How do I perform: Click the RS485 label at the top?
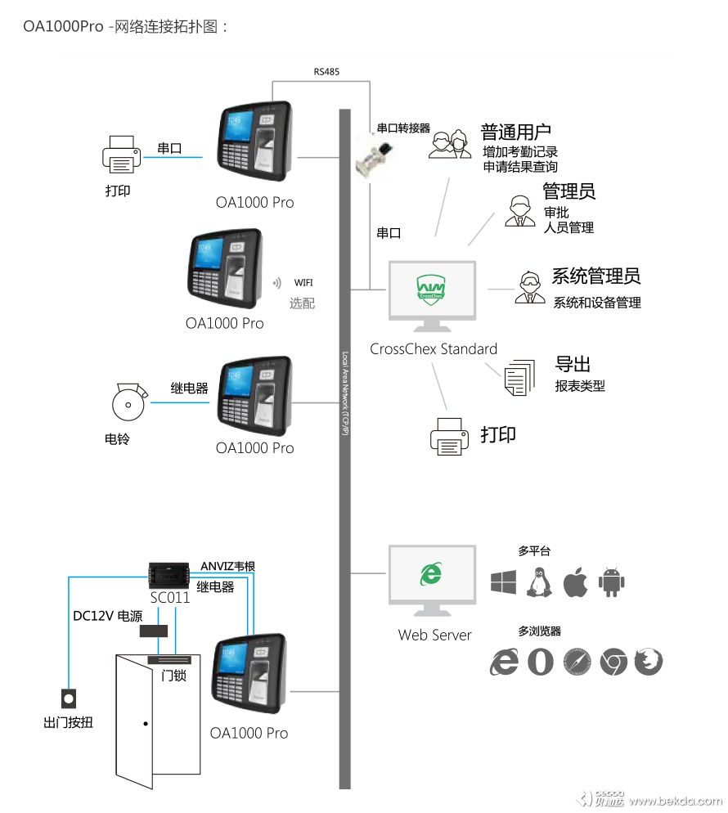pyautogui.click(x=326, y=72)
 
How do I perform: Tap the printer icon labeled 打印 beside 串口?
pyautogui.click(x=120, y=155)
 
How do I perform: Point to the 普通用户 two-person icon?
pyautogui.click(x=450, y=144)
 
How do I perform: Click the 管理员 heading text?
pyautogui.click(x=568, y=191)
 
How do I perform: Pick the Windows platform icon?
pyautogui.click(x=503, y=582)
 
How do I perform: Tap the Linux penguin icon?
pyautogui.click(x=540, y=582)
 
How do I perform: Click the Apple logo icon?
pyautogui.click(x=575, y=582)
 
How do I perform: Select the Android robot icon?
pyautogui.click(x=612, y=582)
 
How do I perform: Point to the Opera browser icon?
pyautogui.click(x=541, y=662)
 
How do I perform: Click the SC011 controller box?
pyautogui.click(x=170, y=573)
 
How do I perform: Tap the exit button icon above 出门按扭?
pyautogui.click(x=70, y=698)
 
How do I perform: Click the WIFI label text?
pyautogui.click(x=303, y=283)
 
